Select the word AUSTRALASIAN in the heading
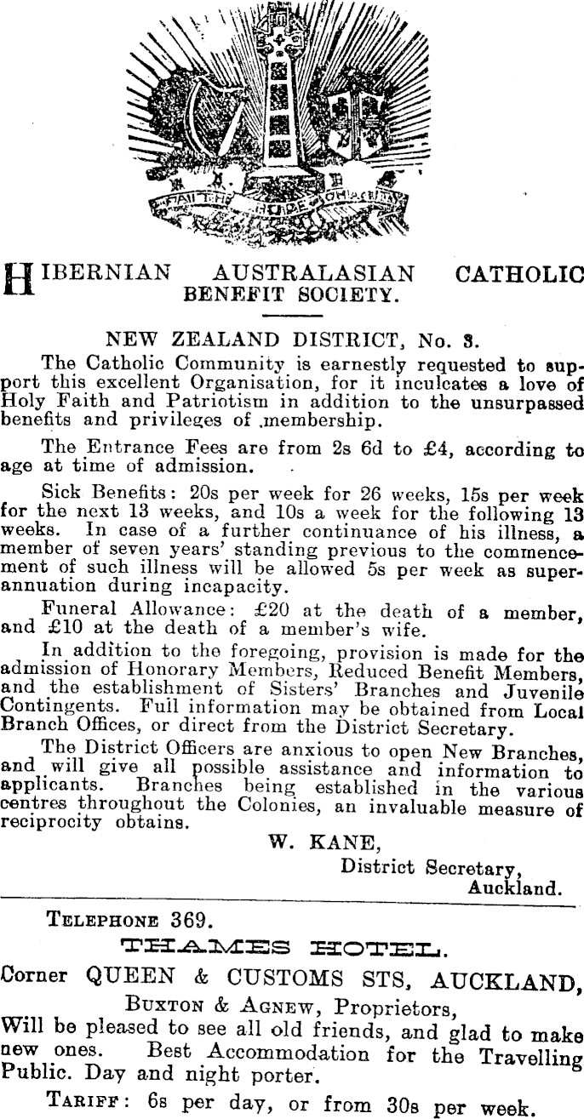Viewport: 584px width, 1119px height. [x=316, y=274]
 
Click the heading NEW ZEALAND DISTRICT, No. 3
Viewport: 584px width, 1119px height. [x=291, y=344]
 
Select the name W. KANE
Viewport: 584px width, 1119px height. [x=321, y=843]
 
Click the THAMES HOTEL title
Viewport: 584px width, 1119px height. [x=291, y=946]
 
